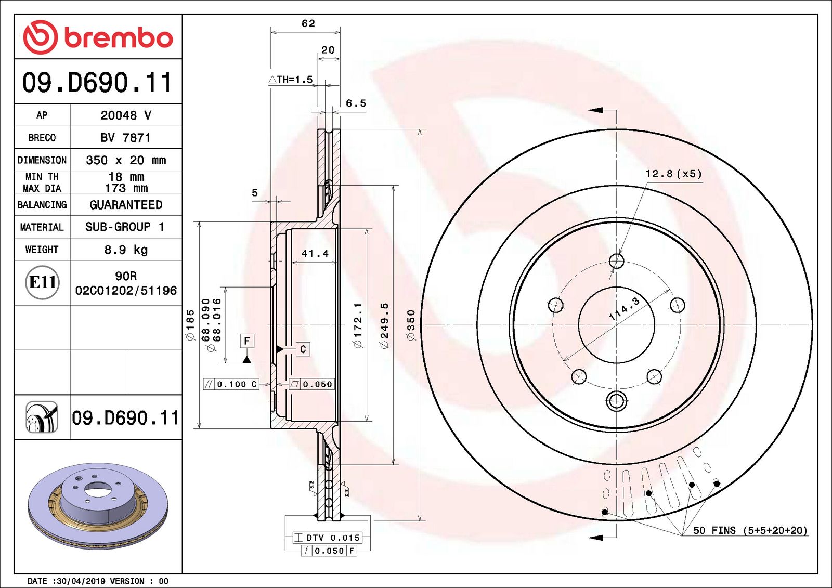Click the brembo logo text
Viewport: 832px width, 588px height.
[119, 37]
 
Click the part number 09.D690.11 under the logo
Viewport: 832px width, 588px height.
[97, 82]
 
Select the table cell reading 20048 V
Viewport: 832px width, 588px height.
[126, 115]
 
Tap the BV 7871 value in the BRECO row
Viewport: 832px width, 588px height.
[126, 138]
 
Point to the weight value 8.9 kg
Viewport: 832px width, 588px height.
[126, 250]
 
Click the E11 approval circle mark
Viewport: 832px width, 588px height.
[43, 282]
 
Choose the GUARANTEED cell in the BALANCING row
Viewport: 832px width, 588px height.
[126, 205]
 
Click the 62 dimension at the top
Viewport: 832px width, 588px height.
[308, 23]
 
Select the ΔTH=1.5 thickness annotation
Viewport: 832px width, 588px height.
[291, 80]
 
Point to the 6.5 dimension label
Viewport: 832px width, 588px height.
[356, 103]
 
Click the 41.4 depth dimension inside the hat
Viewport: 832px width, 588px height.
[315, 254]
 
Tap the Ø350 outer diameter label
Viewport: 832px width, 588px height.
[411, 325]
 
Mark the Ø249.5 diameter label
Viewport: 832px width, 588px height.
[385, 325]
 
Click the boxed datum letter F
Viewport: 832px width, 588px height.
[247, 341]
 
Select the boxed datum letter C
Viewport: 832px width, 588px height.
[303, 349]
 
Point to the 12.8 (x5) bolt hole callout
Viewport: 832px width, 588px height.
[673, 174]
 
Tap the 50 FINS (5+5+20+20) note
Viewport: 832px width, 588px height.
[750, 530]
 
